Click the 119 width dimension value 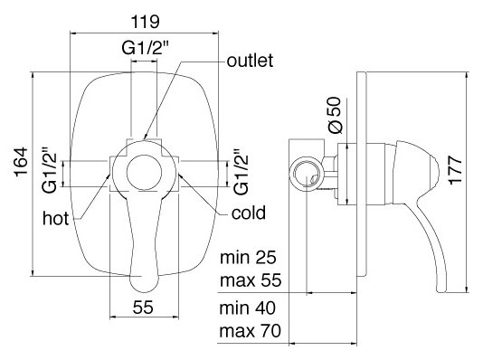pyautogui.click(x=146, y=22)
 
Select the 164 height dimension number pyautogui.click(x=21, y=163)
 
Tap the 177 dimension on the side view pyautogui.click(x=456, y=171)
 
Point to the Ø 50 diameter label pyautogui.click(x=336, y=115)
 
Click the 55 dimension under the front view pyautogui.click(x=143, y=307)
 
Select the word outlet pyautogui.click(x=250, y=61)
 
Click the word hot pyautogui.click(x=55, y=218)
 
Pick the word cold pyautogui.click(x=249, y=213)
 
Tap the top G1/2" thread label pyautogui.click(x=145, y=48)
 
